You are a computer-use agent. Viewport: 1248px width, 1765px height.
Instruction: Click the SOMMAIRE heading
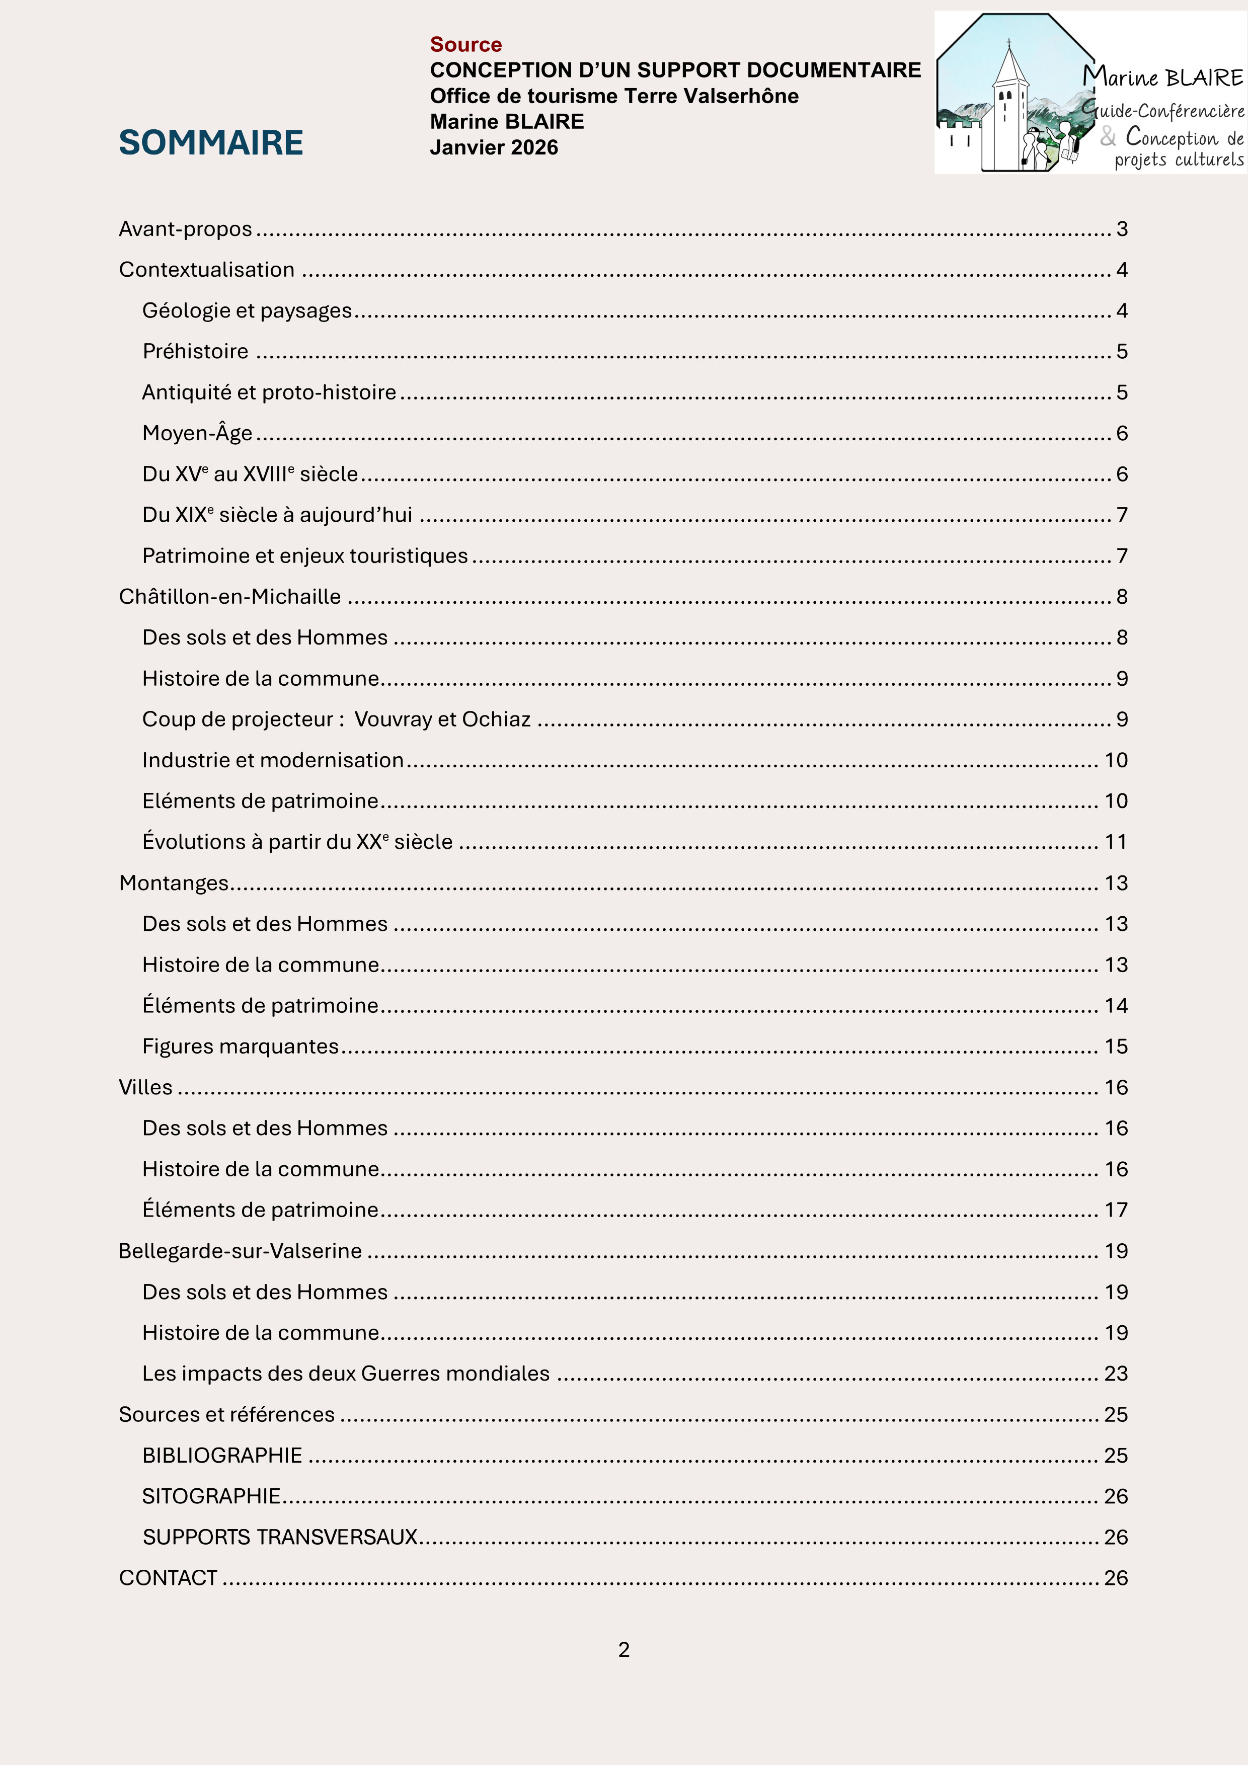pos(211,143)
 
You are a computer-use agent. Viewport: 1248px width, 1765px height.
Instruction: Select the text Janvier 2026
pos(494,147)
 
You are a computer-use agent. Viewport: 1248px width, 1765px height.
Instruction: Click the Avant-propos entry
pos(185,229)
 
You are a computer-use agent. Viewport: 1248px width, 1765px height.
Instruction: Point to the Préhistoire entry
pos(195,351)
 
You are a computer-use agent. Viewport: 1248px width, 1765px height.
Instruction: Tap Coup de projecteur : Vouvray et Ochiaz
pos(336,719)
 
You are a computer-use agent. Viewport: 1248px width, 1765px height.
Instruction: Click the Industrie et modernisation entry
pos(272,760)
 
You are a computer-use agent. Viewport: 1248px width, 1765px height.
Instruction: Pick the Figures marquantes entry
pos(240,1046)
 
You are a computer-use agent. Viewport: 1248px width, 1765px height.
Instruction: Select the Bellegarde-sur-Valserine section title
pos(240,1251)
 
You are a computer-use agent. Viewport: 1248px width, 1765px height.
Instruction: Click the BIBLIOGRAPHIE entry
pos(222,1455)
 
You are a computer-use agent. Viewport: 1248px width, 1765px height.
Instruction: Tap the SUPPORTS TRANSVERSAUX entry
pos(280,1537)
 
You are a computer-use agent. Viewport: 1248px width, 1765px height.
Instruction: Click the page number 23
pos(1116,1374)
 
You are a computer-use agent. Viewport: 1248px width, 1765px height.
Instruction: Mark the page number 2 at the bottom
pos(623,1650)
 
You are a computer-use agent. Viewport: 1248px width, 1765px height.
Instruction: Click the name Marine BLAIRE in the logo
pos(1162,77)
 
